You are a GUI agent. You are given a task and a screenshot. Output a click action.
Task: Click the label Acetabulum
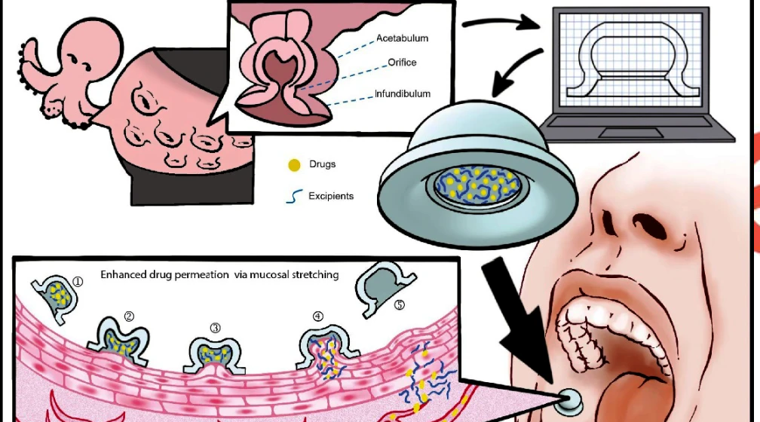coord(402,38)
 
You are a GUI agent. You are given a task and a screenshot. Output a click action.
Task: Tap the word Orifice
coord(402,62)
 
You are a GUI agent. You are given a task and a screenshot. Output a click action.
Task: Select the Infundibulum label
coord(403,93)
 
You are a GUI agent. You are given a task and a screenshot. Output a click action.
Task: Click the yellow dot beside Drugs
coord(294,165)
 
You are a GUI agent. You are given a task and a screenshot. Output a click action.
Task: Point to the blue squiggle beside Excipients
coord(294,196)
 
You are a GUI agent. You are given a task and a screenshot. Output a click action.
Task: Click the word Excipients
coord(331,196)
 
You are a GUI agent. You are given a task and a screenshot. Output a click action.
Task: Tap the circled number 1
coord(77,282)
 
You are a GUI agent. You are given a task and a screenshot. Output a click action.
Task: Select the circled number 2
coord(129,316)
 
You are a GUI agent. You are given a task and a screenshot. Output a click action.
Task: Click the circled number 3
coord(215,328)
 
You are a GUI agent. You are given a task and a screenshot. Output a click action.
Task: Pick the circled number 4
coord(318,316)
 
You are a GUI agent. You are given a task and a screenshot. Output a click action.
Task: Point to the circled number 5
coord(400,304)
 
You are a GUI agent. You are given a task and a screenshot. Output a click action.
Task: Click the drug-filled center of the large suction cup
coord(477,185)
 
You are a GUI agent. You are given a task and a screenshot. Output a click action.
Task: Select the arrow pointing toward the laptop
coord(501,23)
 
